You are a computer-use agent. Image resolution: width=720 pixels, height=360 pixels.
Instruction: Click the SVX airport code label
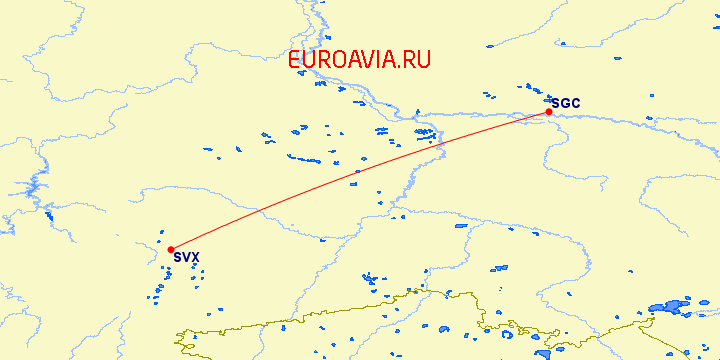[186, 258]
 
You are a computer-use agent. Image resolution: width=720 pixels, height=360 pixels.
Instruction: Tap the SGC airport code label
[565, 103]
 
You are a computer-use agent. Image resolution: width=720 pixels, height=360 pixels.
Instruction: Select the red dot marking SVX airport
[171, 249]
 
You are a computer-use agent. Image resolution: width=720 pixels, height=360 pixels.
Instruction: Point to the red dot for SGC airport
[549, 112]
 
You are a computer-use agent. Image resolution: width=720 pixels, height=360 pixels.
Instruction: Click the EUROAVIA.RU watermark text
[359, 61]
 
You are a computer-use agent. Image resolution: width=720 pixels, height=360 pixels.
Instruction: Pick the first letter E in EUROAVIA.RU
[294, 61]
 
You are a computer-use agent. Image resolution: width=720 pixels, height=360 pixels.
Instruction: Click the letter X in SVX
[195, 258]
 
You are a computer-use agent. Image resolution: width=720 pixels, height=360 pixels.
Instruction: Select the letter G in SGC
[565, 103]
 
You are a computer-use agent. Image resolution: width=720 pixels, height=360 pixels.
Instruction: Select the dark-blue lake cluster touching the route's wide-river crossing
[425, 133]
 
